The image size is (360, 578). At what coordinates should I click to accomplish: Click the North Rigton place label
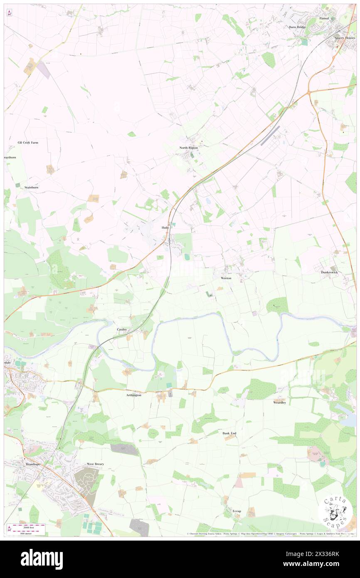click(188, 148)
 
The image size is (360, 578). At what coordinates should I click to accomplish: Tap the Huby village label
click(165, 228)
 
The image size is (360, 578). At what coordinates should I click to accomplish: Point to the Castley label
click(121, 329)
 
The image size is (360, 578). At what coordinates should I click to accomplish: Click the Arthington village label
click(133, 395)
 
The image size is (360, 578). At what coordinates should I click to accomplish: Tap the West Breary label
click(95, 464)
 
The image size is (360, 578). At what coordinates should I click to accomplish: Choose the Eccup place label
click(237, 510)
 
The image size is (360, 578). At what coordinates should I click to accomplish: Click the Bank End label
click(229, 433)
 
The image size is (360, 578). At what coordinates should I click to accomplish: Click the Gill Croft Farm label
click(28, 142)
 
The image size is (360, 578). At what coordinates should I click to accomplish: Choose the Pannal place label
click(324, 19)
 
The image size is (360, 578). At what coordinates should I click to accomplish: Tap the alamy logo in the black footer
click(42, 559)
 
